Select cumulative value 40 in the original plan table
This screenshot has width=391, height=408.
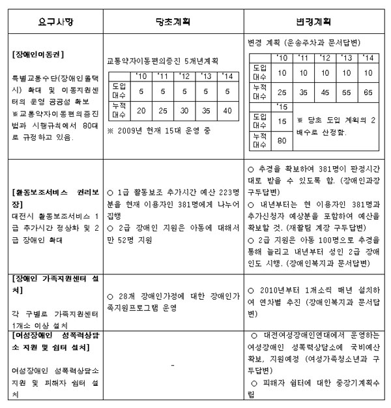[227, 111]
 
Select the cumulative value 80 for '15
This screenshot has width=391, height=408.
[282, 139]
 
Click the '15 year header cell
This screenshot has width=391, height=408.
[282, 107]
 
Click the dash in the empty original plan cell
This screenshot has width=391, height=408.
[172, 365]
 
